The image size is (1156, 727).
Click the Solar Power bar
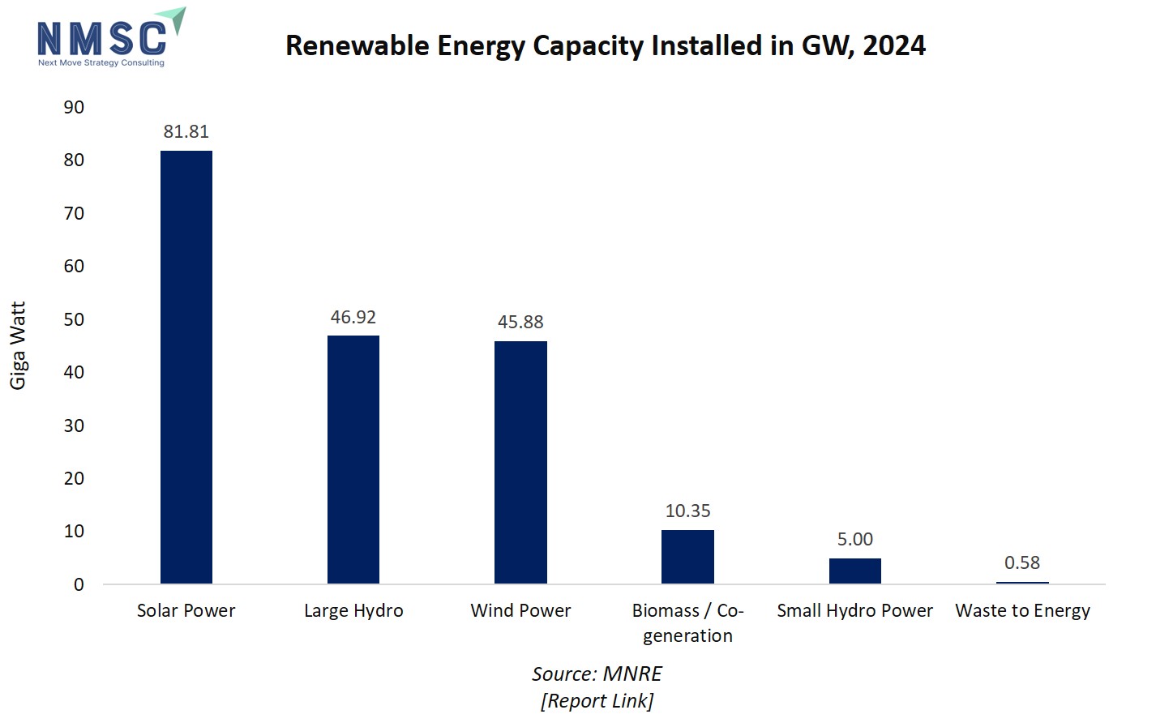click(x=186, y=366)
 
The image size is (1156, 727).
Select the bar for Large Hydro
click(x=353, y=459)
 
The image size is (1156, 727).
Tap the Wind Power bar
click(x=520, y=462)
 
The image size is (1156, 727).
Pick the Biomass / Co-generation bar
click(x=687, y=557)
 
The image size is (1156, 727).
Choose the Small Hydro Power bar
click(x=854, y=571)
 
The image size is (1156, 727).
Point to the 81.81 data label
click(x=186, y=131)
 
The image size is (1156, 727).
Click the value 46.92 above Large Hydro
click(x=353, y=317)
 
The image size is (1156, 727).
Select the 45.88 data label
click(x=520, y=322)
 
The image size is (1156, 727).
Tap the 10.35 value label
click(x=687, y=511)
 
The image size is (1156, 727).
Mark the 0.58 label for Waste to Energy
click(x=1021, y=562)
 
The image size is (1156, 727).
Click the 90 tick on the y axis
click(x=74, y=107)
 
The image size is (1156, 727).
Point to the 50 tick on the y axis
click(x=74, y=319)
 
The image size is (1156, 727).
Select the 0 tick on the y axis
click(x=79, y=584)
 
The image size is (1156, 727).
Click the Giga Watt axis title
click(x=18, y=345)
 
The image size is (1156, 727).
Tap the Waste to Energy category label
click(x=1022, y=610)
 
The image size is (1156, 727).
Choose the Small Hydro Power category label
click(x=854, y=610)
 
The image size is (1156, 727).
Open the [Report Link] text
click(x=597, y=700)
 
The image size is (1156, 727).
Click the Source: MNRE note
click(x=597, y=674)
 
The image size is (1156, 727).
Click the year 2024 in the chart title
click(x=894, y=45)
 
